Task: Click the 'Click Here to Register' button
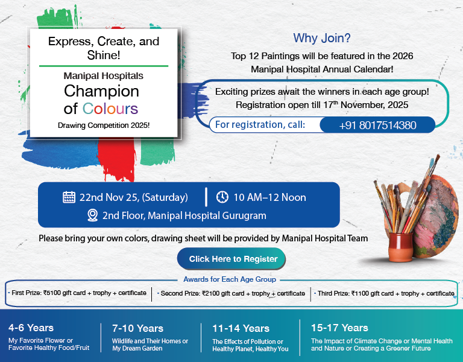(233, 259)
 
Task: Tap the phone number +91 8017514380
(377, 125)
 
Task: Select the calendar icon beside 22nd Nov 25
(69, 197)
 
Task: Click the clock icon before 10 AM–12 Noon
(222, 197)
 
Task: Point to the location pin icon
(92, 215)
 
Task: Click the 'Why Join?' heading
(322, 39)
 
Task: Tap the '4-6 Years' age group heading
(31, 328)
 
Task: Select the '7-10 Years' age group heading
(137, 329)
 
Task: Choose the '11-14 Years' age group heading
(241, 329)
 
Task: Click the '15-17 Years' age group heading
(339, 328)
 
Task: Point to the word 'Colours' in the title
(110, 109)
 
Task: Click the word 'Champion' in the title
(101, 92)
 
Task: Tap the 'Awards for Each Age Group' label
(230, 279)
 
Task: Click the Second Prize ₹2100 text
(231, 293)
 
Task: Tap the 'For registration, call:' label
(260, 125)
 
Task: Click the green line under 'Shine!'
(104, 65)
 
